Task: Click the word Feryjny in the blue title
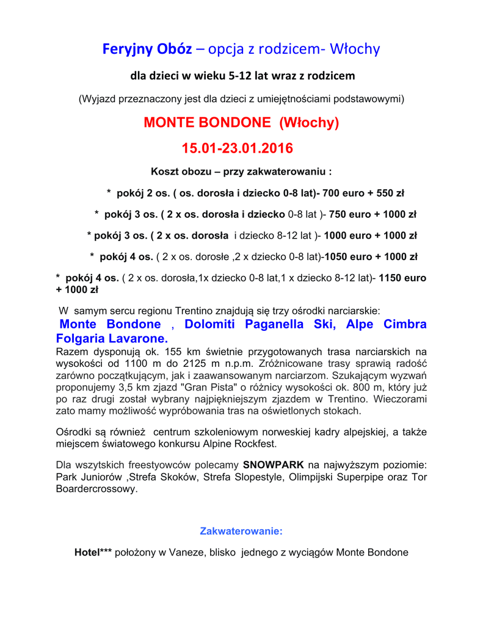click(128, 49)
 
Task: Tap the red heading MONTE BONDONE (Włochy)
click(241, 123)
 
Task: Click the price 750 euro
click(350, 214)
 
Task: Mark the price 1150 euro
click(403, 278)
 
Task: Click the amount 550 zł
click(388, 193)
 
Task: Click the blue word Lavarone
click(138, 338)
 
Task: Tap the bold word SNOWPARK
click(274, 465)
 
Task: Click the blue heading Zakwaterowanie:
click(241, 531)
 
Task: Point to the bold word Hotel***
click(93, 552)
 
